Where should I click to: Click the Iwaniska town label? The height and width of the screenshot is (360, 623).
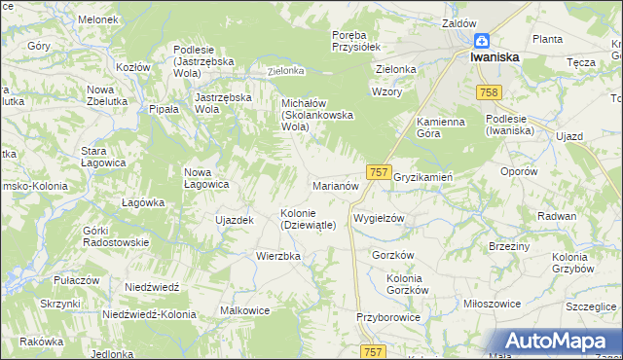[495, 57]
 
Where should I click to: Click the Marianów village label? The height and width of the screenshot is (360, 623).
[336, 184]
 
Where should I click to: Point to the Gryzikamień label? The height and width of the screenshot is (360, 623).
[423, 177]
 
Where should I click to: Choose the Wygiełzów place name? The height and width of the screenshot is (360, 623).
[378, 218]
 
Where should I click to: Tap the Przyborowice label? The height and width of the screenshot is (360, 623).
[387, 317]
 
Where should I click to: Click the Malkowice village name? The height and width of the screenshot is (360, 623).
[244, 310]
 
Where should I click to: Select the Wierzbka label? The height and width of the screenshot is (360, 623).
[278, 256]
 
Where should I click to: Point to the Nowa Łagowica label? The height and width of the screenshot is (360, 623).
[206, 177]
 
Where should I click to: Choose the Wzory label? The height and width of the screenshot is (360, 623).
[386, 91]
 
